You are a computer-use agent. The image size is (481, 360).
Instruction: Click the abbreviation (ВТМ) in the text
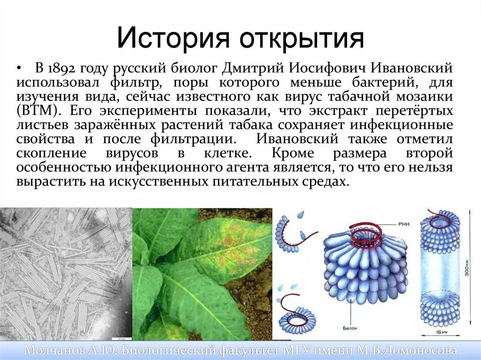tap(38, 111)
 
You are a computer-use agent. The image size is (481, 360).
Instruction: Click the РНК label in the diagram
tap(403, 224)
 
